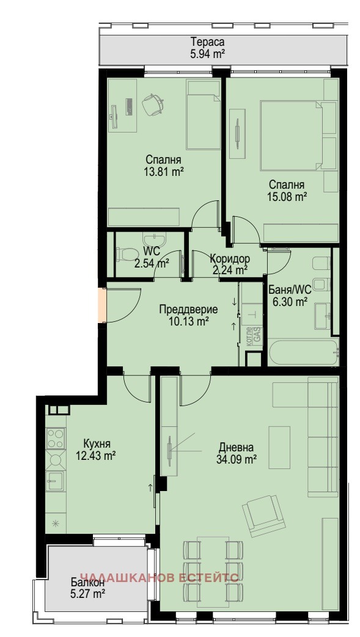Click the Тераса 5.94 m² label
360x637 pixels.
tap(207, 48)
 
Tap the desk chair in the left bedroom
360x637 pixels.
tap(153, 104)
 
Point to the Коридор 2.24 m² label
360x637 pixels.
tap(230, 264)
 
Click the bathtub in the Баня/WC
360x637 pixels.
tap(303, 352)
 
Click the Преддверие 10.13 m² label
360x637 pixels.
tap(188, 316)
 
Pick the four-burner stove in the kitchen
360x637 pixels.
tap(56, 438)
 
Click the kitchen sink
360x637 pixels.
tap(55, 481)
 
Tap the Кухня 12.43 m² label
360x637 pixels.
tap(96, 450)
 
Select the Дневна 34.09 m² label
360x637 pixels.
tap(237, 453)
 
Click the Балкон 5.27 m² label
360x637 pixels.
tap(87, 588)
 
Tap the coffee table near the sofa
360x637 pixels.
tap(279, 447)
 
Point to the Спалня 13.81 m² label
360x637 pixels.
tap(163, 166)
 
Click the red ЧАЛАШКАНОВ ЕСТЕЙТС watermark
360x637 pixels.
tap(160, 577)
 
